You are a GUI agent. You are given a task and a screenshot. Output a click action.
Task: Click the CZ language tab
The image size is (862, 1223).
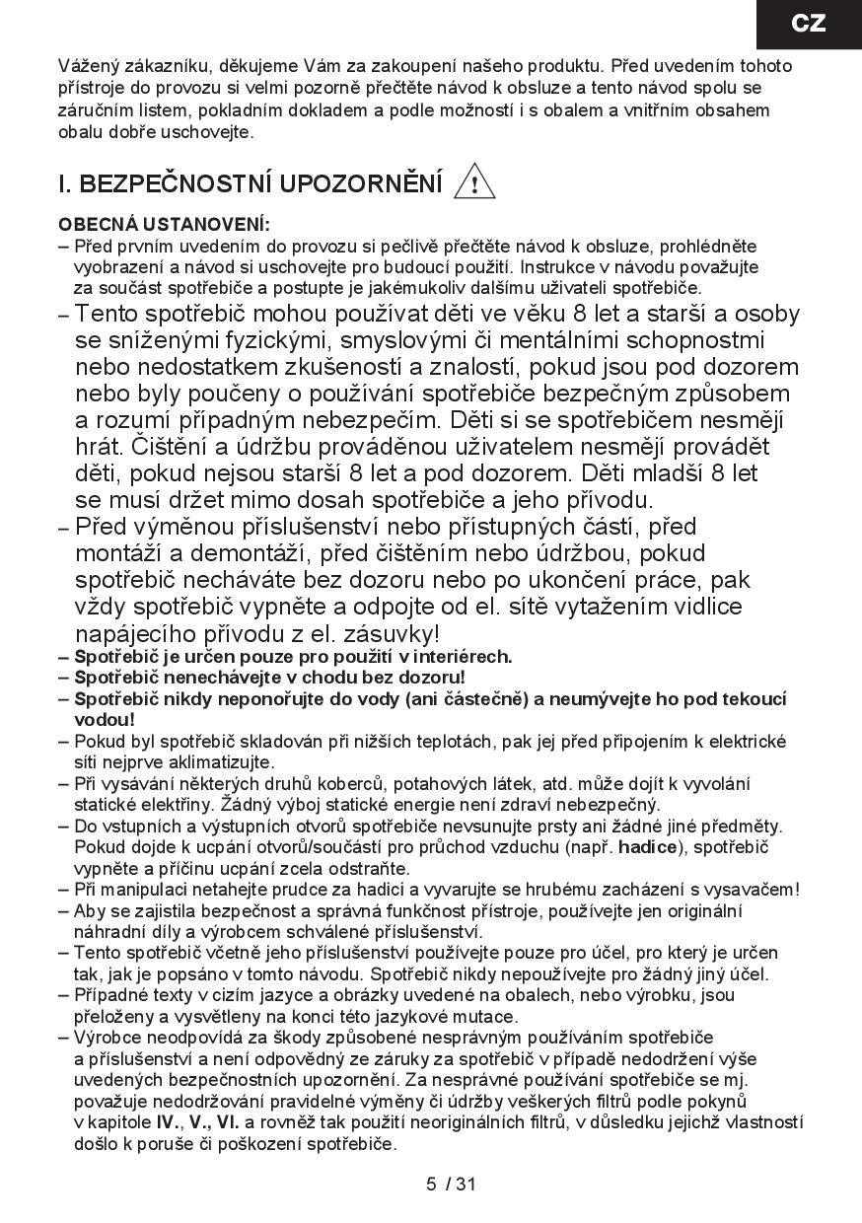pos(808,24)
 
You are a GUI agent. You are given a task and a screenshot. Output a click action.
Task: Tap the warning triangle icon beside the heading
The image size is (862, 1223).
pos(473,183)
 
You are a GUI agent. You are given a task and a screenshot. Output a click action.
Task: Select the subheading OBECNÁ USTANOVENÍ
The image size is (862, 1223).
pos(164,225)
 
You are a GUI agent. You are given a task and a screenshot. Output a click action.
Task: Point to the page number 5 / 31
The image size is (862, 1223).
pos(452,1184)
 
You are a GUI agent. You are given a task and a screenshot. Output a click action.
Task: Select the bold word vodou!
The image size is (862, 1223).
pos(104,719)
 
